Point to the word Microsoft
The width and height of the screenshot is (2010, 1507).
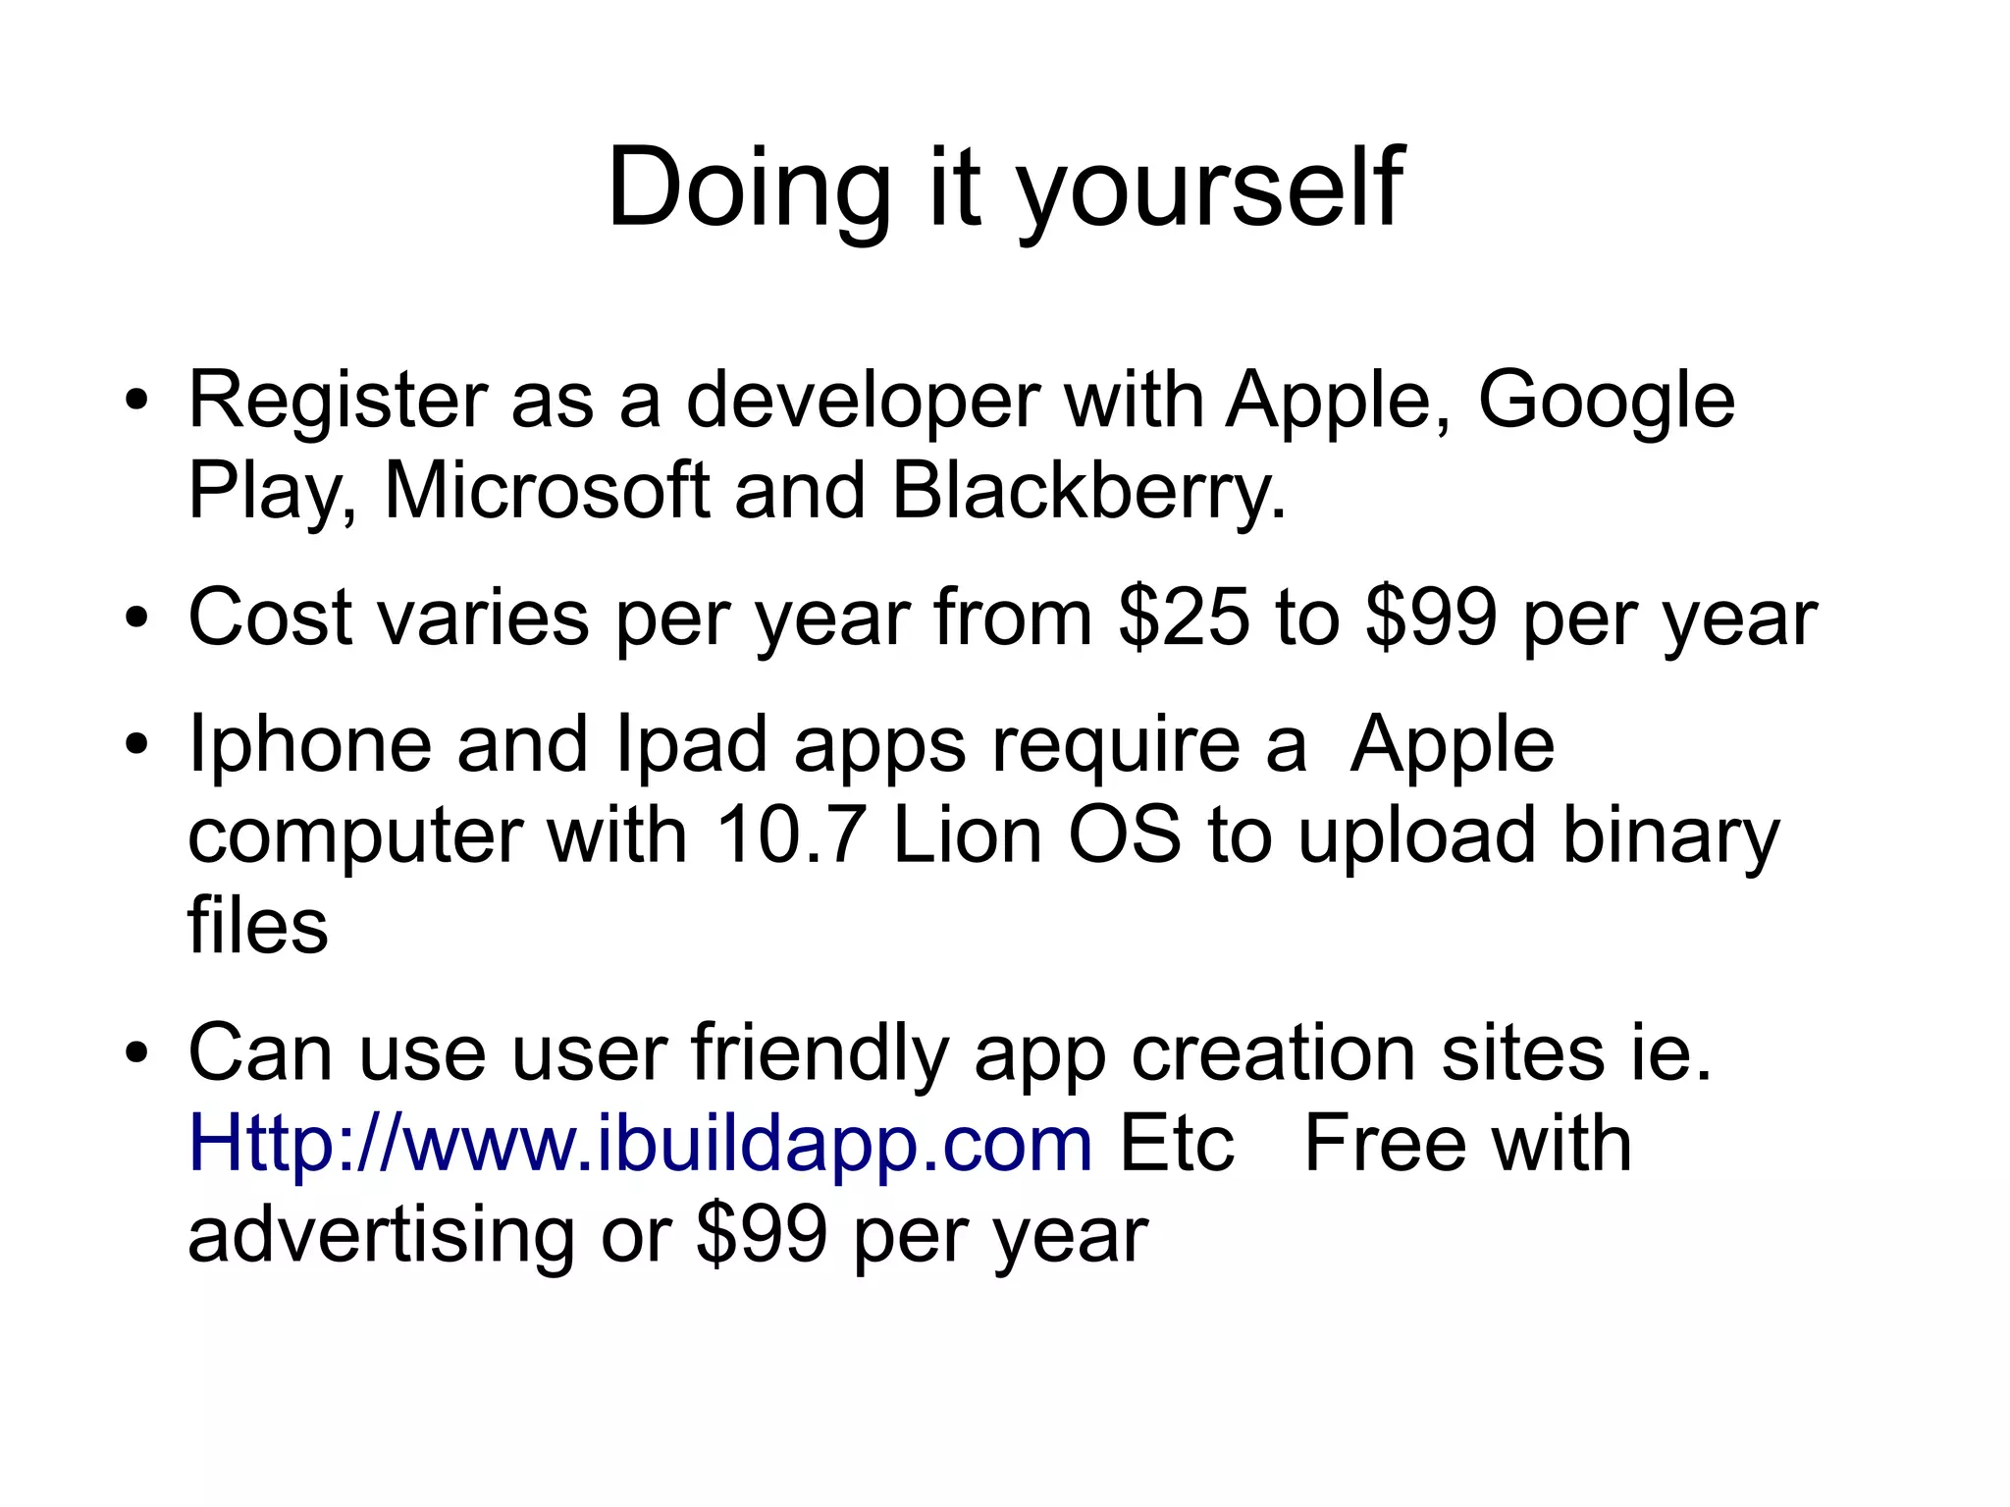tap(547, 491)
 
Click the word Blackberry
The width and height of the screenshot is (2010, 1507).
tap(1087, 491)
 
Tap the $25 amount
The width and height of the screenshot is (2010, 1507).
tap(1185, 619)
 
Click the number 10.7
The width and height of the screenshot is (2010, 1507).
tap(791, 836)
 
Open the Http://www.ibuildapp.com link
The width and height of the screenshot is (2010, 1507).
tap(640, 1145)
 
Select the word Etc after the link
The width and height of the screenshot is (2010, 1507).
tap(1176, 1145)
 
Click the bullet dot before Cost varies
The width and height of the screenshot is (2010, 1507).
tap(136, 619)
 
